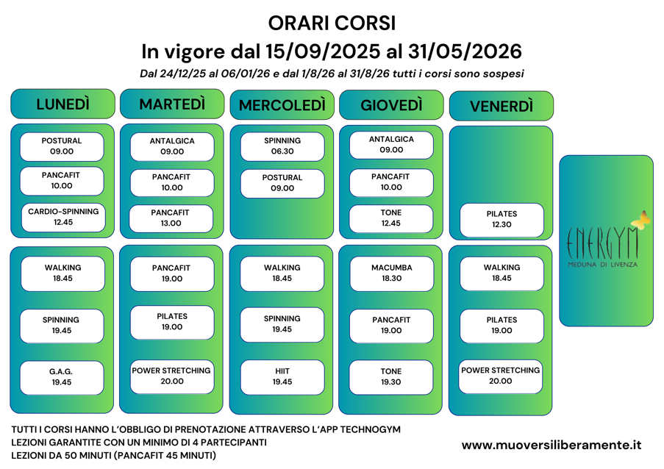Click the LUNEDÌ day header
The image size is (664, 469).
click(x=63, y=104)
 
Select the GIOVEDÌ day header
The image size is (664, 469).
click(x=391, y=105)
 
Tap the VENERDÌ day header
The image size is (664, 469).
click(x=501, y=106)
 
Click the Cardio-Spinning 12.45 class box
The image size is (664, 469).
click(x=63, y=217)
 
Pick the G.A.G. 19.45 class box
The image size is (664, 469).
click(x=62, y=377)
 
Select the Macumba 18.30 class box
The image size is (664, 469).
click(x=391, y=273)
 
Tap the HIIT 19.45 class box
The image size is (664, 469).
click(x=282, y=376)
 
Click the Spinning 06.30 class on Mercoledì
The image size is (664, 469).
click(x=282, y=146)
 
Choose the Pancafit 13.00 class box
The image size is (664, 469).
click(x=171, y=218)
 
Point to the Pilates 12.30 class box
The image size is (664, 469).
click(x=501, y=219)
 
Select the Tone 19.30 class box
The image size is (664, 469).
click(x=391, y=377)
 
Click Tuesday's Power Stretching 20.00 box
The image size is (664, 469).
click(x=171, y=376)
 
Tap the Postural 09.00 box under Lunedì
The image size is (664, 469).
click(x=62, y=146)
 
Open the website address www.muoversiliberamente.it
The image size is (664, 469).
click(x=551, y=445)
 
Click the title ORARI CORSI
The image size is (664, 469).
click(x=332, y=24)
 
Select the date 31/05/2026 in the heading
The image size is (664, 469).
click(x=456, y=51)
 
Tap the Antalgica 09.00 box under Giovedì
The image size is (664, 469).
click(x=391, y=145)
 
